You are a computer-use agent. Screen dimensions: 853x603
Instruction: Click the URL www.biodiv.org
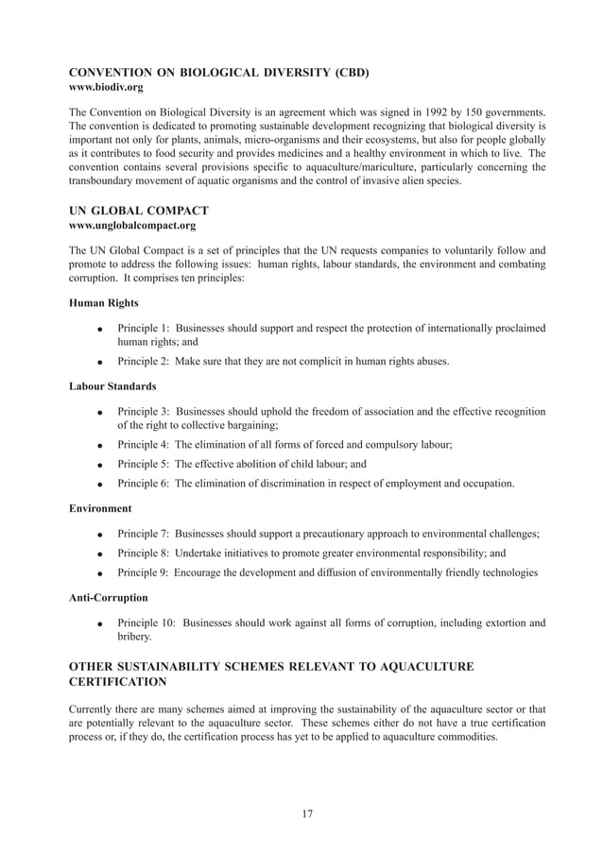107,88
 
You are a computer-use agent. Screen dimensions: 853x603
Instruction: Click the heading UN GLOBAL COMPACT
139,211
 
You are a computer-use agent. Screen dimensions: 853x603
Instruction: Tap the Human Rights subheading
104,303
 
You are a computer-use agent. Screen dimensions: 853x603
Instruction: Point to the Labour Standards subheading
112,387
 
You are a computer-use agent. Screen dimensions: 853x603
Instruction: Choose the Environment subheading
100,508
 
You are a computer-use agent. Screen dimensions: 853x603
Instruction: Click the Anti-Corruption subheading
109,598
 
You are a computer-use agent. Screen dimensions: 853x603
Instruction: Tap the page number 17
307,814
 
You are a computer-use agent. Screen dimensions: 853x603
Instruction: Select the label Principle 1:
143,328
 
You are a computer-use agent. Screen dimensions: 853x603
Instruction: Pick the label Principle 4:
143,444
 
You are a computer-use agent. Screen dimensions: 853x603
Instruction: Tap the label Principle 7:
143,534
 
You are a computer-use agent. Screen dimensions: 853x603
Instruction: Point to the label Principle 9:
143,572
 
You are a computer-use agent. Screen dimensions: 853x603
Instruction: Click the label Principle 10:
146,623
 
